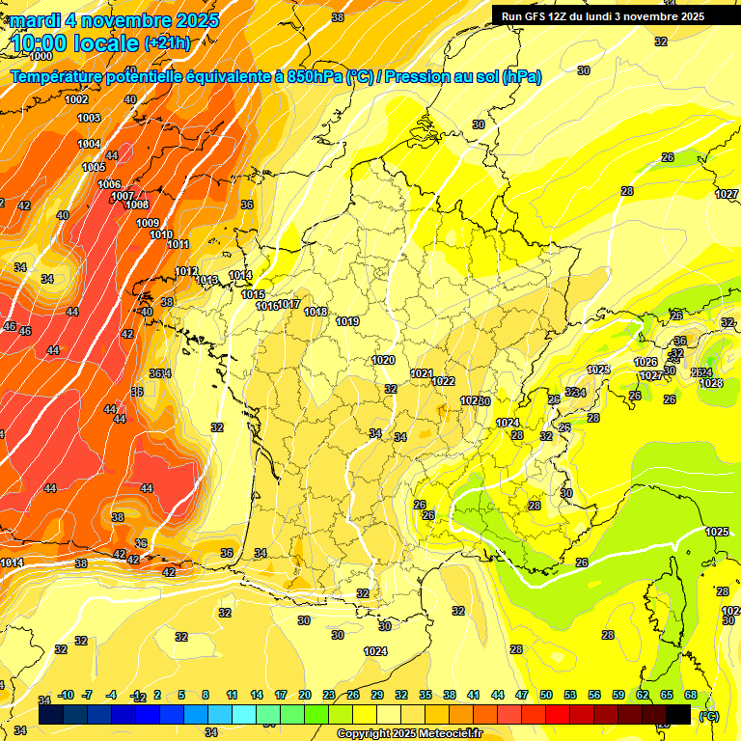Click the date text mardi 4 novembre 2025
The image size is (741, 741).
pyautogui.click(x=114, y=19)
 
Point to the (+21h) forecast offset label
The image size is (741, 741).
pyautogui.click(x=167, y=43)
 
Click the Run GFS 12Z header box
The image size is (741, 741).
pyautogui.click(x=602, y=15)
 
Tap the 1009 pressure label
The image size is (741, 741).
pyautogui.click(x=147, y=224)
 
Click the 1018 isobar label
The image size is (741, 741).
pyautogui.click(x=316, y=312)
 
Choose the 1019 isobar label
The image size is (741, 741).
pyautogui.click(x=348, y=321)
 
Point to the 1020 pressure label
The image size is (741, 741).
pyautogui.click(x=383, y=360)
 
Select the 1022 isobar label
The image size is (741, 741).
pyautogui.click(x=443, y=381)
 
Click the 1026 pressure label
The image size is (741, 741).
pyautogui.click(x=645, y=362)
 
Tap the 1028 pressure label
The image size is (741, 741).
pyautogui.click(x=711, y=383)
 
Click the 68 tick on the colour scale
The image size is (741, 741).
pyautogui.click(x=691, y=695)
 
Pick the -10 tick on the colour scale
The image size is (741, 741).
pyautogui.click(x=66, y=695)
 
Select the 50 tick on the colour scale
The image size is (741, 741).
pyautogui.click(x=546, y=695)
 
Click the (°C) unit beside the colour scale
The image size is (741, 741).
pyautogui.click(x=709, y=715)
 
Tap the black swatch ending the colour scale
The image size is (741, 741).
pyautogui.click(x=678, y=714)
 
